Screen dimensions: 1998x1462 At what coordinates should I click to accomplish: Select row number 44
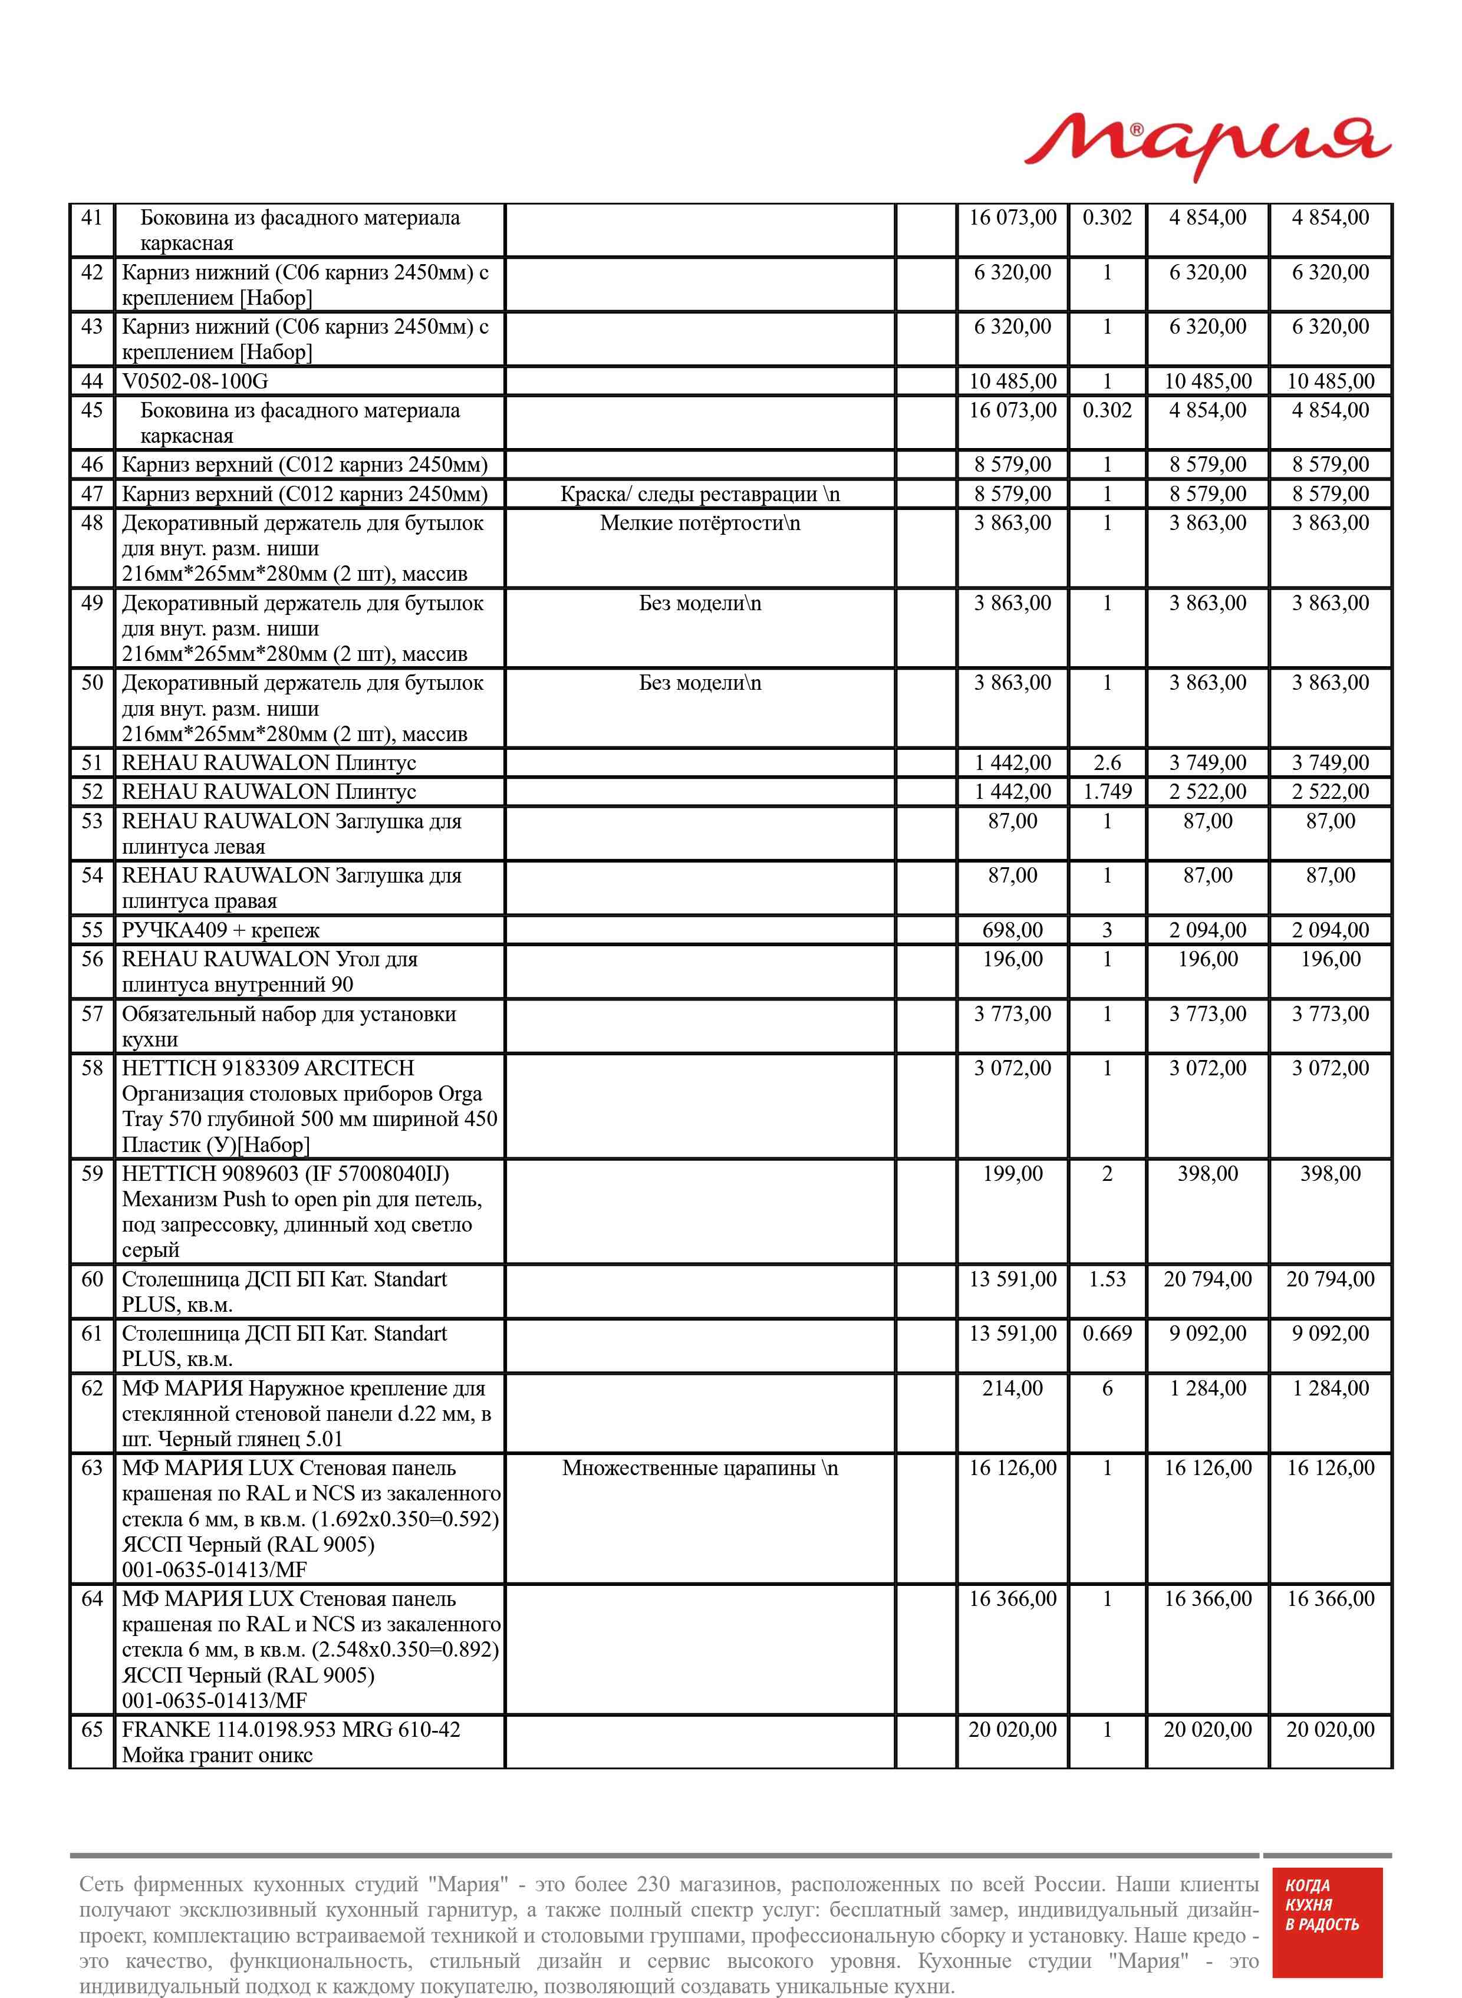92,381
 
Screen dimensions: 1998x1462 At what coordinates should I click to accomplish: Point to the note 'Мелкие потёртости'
699,523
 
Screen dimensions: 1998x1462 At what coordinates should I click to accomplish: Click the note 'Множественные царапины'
699,1468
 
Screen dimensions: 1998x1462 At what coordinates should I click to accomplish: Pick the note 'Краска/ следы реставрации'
699,493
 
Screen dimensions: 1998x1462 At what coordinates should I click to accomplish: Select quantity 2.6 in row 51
1107,763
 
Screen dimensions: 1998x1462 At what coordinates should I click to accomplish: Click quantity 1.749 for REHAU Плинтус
1107,792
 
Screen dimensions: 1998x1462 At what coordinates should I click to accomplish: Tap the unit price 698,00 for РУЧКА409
1012,930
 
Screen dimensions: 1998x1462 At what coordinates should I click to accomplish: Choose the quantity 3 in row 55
1107,930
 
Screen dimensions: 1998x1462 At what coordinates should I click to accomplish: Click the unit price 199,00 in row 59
1012,1174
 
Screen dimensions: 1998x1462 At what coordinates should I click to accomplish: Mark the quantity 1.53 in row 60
1107,1279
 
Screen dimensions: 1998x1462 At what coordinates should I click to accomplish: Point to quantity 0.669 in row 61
1107,1334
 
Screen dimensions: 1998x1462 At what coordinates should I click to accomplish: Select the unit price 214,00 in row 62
1012,1388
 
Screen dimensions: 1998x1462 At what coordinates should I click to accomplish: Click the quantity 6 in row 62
1107,1388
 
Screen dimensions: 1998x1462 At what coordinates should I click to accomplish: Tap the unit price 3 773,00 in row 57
1012,1014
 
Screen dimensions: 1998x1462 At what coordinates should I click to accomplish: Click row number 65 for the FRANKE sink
92,1730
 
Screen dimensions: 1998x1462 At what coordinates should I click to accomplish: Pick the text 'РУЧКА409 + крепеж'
220,930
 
